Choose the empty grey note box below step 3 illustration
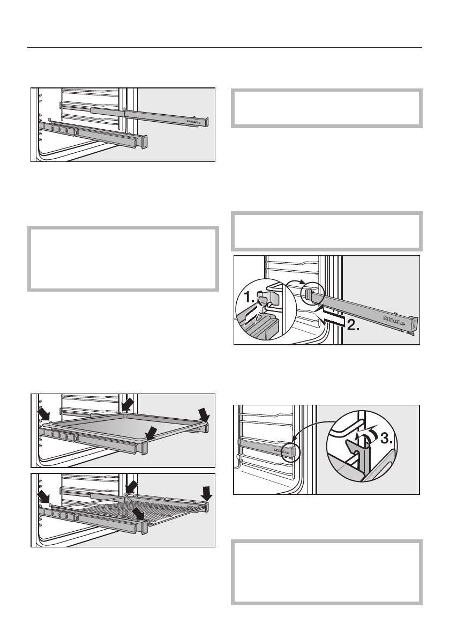[326, 574]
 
